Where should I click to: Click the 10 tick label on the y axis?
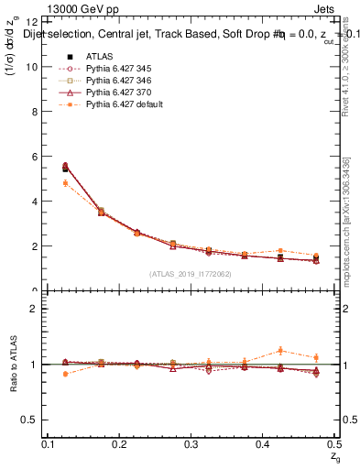(x=33, y=67)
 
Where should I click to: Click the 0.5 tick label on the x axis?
(x=334, y=444)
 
